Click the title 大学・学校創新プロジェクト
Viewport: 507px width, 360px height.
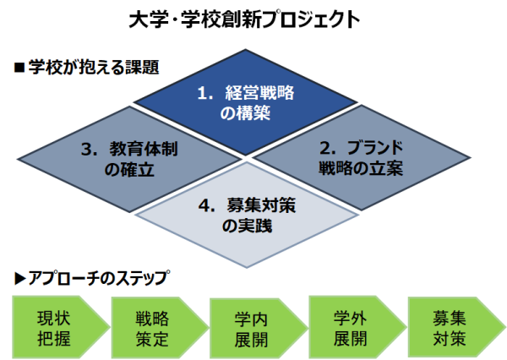(x=244, y=19)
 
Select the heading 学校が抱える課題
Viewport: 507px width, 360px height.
(x=94, y=68)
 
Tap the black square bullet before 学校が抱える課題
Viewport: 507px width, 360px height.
(x=19, y=68)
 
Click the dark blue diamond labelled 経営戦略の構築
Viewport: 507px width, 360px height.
(x=245, y=102)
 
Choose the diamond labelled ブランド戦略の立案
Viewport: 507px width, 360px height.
(x=361, y=157)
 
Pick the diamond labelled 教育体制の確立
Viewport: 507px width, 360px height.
(x=129, y=159)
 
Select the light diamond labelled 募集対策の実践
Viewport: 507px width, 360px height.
(x=247, y=215)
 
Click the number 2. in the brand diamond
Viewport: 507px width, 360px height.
(x=328, y=148)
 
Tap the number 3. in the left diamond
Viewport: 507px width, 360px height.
(x=90, y=150)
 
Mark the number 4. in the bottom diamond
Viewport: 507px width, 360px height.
(x=207, y=205)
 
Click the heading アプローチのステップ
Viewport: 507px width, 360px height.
(x=99, y=278)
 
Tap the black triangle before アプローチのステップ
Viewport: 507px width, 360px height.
(x=20, y=279)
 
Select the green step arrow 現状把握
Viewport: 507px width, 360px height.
(x=61, y=327)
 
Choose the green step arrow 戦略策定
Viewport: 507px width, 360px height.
(x=160, y=327)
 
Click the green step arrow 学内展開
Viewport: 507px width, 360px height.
(x=259, y=328)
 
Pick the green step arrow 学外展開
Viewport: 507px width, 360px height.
(x=357, y=327)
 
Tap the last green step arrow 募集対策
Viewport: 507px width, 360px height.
(x=456, y=327)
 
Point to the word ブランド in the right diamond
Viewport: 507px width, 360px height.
(x=375, y=148)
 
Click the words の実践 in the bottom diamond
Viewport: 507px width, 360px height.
(x=247, y=226)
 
